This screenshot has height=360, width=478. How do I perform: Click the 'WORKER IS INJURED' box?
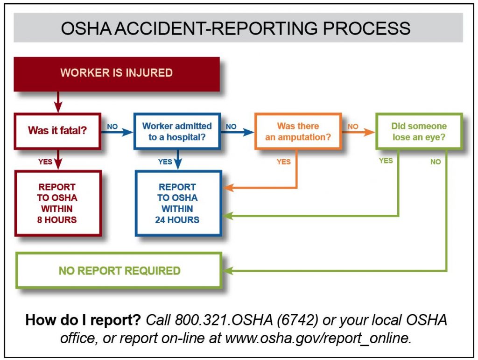coord(117,73)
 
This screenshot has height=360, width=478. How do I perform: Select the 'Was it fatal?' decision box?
coord(57,130)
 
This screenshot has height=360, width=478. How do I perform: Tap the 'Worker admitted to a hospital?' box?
coord(176,131)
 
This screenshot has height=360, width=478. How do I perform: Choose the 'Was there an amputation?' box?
coord(298,131)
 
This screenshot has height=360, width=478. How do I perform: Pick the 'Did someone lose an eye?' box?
coord(419,131)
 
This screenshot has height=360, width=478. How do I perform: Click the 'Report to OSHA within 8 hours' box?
coord(57,203)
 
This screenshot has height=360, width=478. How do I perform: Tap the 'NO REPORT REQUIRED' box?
coord(119,271)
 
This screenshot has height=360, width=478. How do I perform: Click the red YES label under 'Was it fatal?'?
coord(45,162)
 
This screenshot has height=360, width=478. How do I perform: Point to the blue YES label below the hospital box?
coord(165,162)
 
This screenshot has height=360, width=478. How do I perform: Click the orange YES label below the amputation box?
coord(283,162)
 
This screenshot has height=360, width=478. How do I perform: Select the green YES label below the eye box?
coord(386,160)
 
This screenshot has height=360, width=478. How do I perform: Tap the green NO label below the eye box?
coord(435,162)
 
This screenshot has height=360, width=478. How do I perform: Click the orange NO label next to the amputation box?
coord(353,126)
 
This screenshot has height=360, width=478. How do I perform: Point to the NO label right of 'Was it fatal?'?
coord(112,126)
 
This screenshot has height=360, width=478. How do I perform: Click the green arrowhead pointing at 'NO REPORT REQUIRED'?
coord(228,271)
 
